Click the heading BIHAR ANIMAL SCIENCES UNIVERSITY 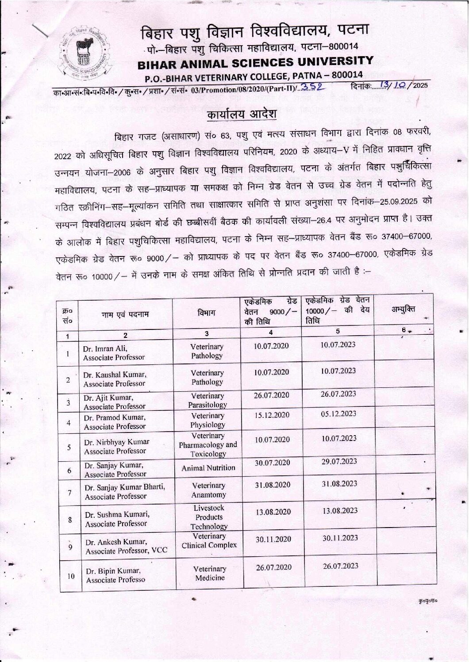255,62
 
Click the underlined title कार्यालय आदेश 242,114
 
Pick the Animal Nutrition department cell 208,467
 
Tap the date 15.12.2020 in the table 271,415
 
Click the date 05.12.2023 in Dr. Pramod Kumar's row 338,413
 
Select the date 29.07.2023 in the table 339,461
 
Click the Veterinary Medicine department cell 210,573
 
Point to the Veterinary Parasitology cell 208,400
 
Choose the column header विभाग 207,313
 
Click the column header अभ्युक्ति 403,309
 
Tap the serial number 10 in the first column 71,576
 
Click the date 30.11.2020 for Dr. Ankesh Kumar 273,539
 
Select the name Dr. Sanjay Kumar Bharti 125,487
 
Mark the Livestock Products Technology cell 209,517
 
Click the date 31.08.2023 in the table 339,483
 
